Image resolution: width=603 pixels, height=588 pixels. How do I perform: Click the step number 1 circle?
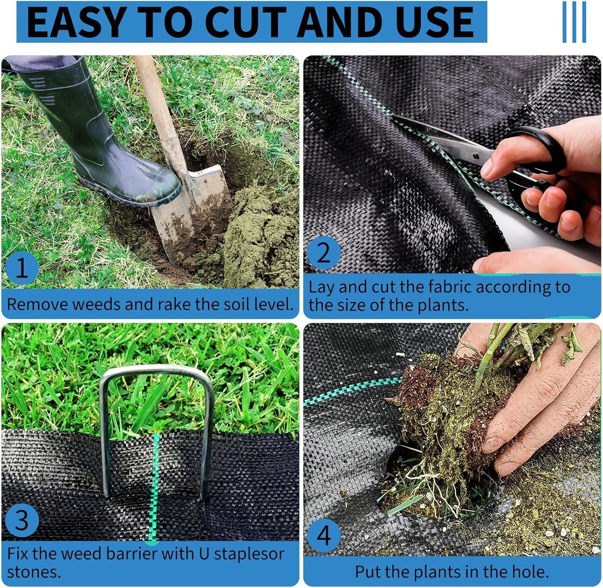pyautogui.click(x=22, y=267)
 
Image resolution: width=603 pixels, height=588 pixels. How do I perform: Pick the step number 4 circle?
pyautogui.click(x=324, y=535)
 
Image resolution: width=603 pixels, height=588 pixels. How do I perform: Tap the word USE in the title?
pyautogui.click(x=435, y=22)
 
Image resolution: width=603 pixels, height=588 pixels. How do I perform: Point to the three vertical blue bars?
pyautogui.click(x=574, y=22)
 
